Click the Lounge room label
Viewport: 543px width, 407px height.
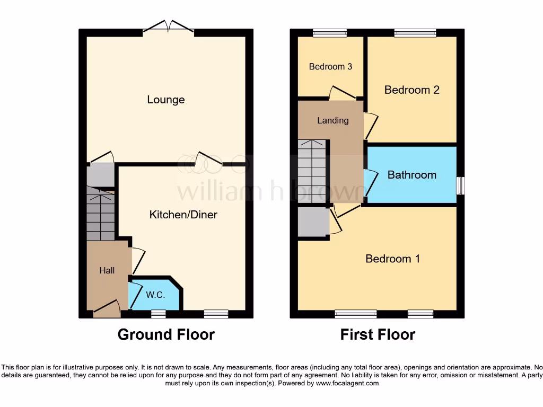pyautogui.click(x=166, y=100)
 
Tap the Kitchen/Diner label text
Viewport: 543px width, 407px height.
pyautogui.click(x=183, y=215)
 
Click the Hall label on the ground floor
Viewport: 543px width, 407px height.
pyautogui.click(x=107, y=270)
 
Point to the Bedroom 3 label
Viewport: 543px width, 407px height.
pyautogui.click(x=330, y=67)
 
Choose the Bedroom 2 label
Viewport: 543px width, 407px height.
pyautogui.click(x=411, y=90)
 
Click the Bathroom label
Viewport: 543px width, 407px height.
pyautogui.click(x=411, y=175)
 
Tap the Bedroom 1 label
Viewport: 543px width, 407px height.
pyautogui.click(x=392, y=259)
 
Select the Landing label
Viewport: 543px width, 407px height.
pyautogui.click(x=333, y=120)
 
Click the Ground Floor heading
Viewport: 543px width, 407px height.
pyautogui.click(x=166, y=334)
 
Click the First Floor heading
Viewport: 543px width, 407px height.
pyautogui.click(x=378, y=334)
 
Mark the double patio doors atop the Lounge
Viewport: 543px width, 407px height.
pyautogui.click(x=168, y=28)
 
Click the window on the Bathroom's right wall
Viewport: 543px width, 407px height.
pyautogui.click(x=460, y=185)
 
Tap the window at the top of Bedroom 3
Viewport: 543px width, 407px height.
pyautogui.click(x=330, y=33)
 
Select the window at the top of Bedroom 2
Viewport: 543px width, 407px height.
pyautogui.click(x=415, y=33)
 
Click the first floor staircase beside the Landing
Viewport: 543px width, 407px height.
pyautogui.click(x=311, y=172)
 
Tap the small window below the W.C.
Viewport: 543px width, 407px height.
pyautogui.click(x=158, y=314)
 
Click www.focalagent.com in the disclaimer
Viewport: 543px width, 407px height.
pyautogui.click(x=348, y=383)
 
